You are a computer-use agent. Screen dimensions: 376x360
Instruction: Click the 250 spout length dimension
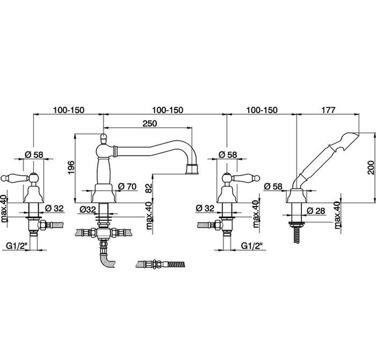tap(150, 123)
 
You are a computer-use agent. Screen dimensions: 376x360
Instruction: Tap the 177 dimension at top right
tap(328, 110)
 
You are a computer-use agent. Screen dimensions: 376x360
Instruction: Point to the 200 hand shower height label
tap(371, 168)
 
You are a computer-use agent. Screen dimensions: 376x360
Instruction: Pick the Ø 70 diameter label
tap(127, 186)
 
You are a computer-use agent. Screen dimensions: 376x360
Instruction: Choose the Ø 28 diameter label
tap(316, 211)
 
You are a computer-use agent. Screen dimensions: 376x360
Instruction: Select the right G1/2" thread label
tap(252, 246)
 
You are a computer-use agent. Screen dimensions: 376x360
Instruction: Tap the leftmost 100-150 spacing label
tap(69, 110)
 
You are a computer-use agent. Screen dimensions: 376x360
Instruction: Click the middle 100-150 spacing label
tap(168, 110)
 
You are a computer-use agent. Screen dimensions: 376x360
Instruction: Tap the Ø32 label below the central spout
tap(88, 210)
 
